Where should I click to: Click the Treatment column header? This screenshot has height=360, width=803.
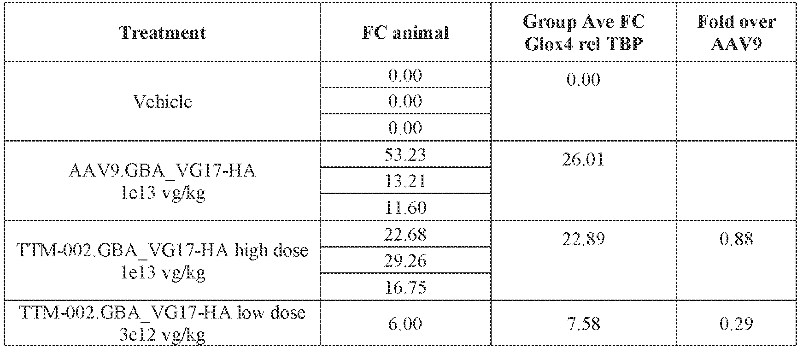click(x=163, y=33)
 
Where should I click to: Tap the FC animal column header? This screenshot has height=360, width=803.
click(x=405, y=33)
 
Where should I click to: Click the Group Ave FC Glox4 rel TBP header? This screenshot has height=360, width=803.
click(x=583, y=33)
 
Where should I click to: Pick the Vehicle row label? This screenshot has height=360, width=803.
click(x=163, y=101)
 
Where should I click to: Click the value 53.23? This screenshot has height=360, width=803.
click(x=405, y=155)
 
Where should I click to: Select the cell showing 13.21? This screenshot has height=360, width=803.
click(x=405, y=181)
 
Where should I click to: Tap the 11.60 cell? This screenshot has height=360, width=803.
click(x=405, y=208)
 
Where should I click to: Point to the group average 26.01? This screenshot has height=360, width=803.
click(x=583, y=160)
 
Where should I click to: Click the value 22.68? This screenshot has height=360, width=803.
click(x=405, y=235)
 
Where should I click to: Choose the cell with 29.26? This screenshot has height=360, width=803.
click(x=405, y=261)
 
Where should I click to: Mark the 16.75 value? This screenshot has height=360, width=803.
click(x=405, y=288)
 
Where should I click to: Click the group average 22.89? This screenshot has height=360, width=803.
click(x=583, y=240)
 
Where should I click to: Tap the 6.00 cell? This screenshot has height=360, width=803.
click(x=405, y=324)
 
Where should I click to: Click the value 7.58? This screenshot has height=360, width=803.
click(x=583, y=324)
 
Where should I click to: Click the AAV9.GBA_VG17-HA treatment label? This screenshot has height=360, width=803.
click(x=163, y=171)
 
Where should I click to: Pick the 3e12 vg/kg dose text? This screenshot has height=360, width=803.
click(x=163, y=335)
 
